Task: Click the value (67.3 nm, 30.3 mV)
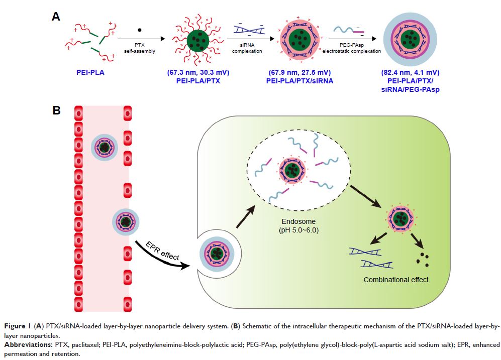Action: coord(198,72)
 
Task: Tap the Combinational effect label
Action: coord(396,279)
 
